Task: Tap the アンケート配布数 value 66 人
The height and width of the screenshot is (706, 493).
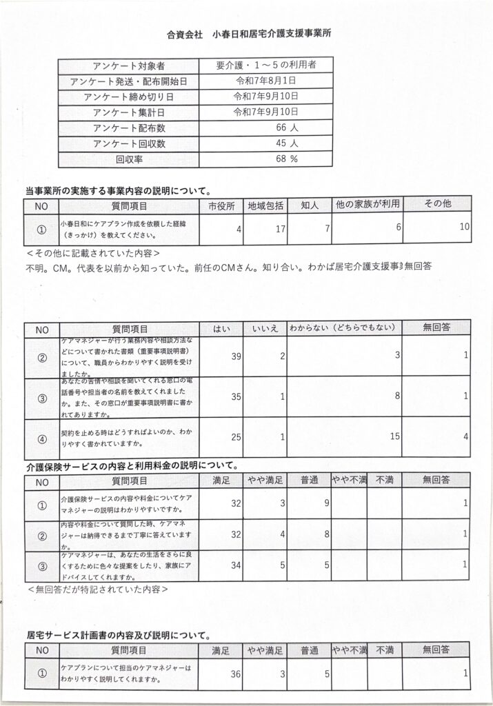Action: click(x=285, y=128)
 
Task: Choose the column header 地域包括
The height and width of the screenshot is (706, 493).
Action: click(x=265, y=205)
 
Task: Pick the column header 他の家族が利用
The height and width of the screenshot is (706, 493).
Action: click(x=367, y=204)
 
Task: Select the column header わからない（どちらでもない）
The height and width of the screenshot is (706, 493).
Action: click(x=343, y=328)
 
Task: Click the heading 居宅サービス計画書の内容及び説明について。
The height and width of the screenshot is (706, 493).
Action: click(x=119, y=635)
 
